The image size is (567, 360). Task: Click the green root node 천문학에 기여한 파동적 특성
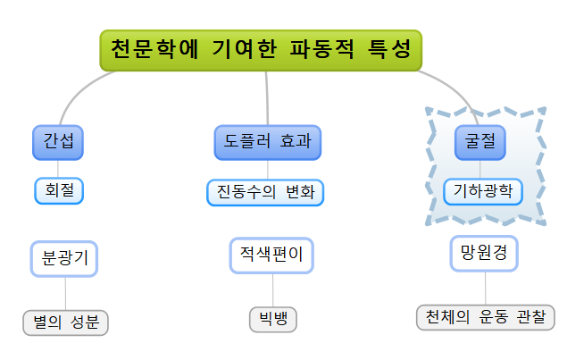tap(260, 50)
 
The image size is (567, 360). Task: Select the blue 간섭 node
tap(58, 142)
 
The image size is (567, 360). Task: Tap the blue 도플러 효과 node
tap(268, 142)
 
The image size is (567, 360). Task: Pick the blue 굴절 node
tap(479, 142)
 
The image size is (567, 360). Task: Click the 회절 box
tap(59, 190)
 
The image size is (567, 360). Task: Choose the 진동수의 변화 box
tap(265, 192)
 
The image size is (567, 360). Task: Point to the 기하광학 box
tap(482, 190)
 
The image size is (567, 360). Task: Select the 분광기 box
tap(64, 258)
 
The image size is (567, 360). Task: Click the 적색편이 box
tap(271, 255)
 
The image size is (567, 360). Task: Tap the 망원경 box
tap(483, 253)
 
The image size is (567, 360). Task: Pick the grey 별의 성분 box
tap(65, 322)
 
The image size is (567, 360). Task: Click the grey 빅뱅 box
tap(272, 319)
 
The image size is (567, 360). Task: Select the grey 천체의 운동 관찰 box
tap(485, 317)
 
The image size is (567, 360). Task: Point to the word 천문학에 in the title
tap(148, 50)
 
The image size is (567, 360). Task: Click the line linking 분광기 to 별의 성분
tap(65, 292)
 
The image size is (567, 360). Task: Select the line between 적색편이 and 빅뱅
tap(272, 289)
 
